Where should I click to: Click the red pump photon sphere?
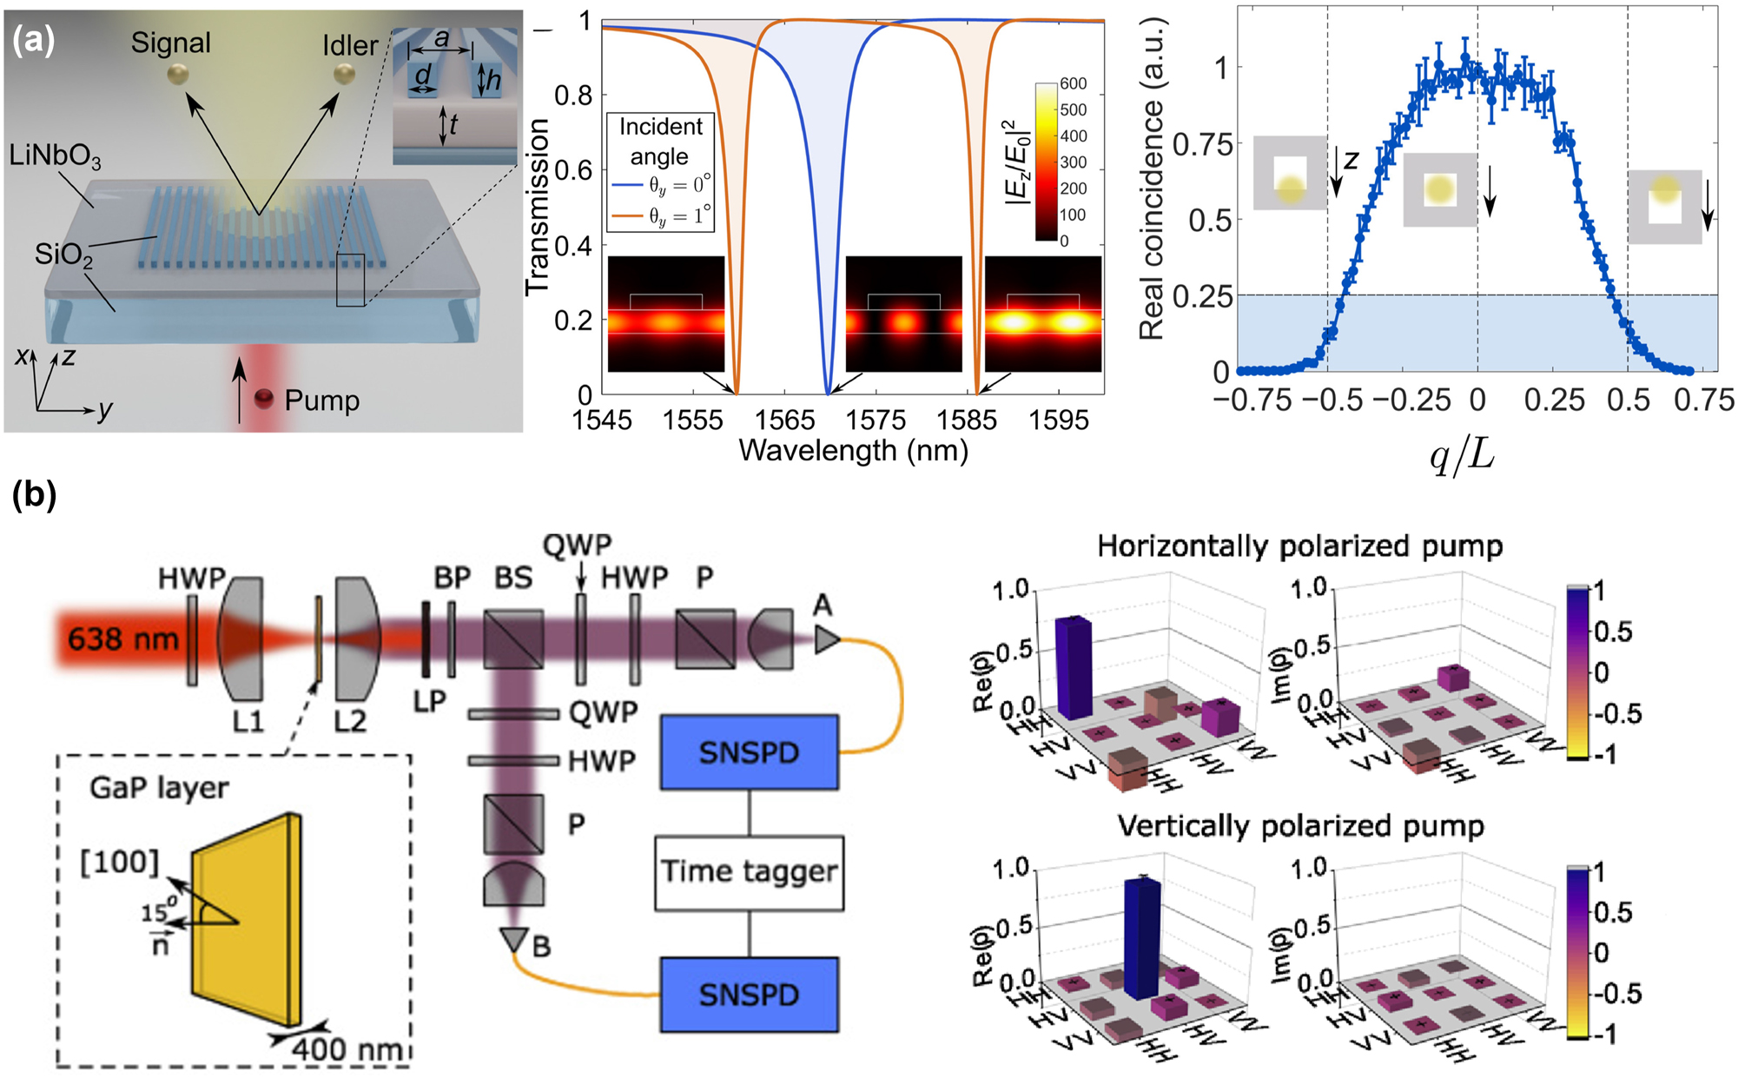(263, 400)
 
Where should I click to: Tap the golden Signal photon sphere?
(177, 76)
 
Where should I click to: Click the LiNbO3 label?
(55, 156)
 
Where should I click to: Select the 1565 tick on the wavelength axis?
(783, 420)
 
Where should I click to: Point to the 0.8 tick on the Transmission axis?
(573, 95)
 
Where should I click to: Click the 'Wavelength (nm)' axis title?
(853, 451)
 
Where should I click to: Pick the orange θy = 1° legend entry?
(661, 215)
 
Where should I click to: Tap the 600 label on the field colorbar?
(1073, 83)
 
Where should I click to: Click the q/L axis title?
(1462, 453)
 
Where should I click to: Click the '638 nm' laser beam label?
(122, 639)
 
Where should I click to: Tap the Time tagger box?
(749, 871)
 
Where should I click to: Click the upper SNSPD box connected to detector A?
(749, 752)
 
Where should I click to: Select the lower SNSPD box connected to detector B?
(749, 994)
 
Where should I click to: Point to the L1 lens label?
(248, 720)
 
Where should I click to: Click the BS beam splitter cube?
(513, 639)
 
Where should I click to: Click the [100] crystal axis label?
(120, 862)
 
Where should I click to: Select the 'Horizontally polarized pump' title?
(1299, 546)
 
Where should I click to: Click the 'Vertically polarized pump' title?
(1300, 825)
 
